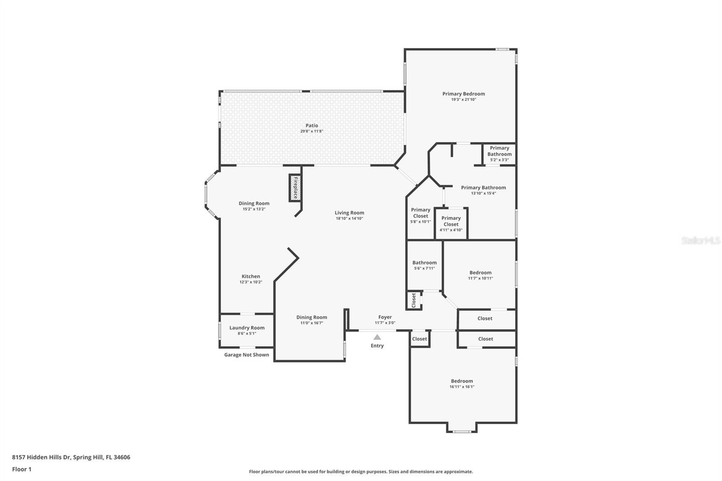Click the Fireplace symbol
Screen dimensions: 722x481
[x=295, y=188]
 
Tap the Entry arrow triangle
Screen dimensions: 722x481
[x=377, y=337]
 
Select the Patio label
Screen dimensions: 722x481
[x=312, y=125]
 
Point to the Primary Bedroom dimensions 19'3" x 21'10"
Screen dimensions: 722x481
[x=463, y=100]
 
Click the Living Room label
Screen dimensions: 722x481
[x=349, y=213]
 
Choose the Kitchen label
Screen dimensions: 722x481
[x=251, y=276]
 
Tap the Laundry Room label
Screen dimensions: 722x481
[x=247, y=328]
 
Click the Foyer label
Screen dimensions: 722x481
[x=385, y=317]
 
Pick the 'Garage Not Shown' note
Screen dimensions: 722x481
[x=246, y=355]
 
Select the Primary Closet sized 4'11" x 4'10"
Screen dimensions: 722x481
[x=451, y=224]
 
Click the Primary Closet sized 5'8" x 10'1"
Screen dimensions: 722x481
[x=421, y=215]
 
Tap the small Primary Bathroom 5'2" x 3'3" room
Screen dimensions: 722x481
[x=499, y=154]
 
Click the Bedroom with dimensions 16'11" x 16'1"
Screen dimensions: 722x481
[x=462, y=384]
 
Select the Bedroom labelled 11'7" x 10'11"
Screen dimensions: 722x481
[x=480, y=275]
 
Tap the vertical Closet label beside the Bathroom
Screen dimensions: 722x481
[x=414, y=301]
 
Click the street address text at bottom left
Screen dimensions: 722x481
[x=71, y=457]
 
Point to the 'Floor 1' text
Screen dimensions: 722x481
[x=22, y=469]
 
